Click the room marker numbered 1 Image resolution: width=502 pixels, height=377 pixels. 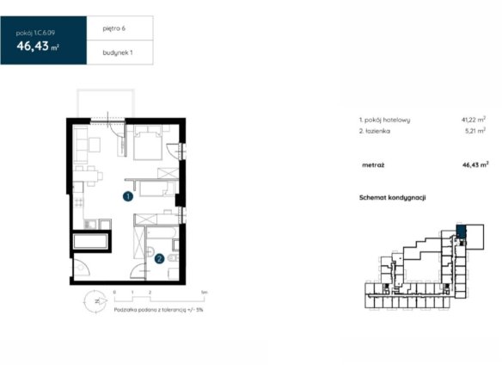(128, 196)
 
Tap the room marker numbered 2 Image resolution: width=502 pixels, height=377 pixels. (159, 258)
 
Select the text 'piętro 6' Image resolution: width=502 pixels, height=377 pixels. (114, 28)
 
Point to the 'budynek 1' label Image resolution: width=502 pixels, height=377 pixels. (118, 53)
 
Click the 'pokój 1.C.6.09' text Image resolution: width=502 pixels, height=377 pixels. (35, 33)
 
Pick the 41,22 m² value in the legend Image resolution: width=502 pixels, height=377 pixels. (474, 120)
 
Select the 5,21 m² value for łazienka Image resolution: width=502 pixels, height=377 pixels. (475, 131)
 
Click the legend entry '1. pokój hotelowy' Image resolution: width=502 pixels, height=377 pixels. (384, 120)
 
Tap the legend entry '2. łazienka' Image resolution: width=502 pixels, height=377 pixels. (375, 131)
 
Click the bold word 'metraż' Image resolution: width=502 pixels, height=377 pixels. (373, 165)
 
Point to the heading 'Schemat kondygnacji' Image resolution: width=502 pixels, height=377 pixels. (393, 197)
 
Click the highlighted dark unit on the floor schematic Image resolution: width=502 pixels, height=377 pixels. (461, 232)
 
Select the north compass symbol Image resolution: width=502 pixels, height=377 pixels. (95, 301)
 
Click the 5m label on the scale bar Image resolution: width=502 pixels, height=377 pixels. (204, 293)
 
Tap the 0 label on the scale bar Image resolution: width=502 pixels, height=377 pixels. (114, 293)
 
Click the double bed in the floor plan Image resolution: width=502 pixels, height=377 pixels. (148, 143)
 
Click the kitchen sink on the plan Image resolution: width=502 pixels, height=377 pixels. (90, 224)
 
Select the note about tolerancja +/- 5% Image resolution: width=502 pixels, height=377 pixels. (158, 310)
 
